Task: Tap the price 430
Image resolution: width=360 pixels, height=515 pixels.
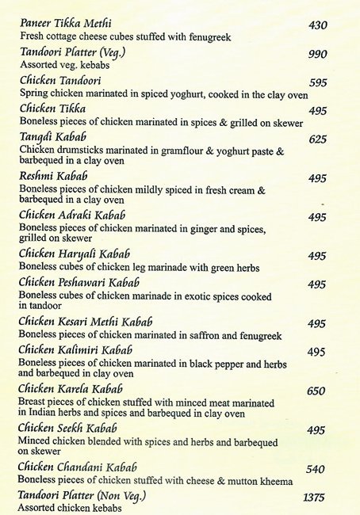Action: (318, 26)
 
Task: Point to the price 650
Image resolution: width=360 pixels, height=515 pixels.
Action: (316, 391)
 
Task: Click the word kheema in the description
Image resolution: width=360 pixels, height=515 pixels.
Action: (274, 481)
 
